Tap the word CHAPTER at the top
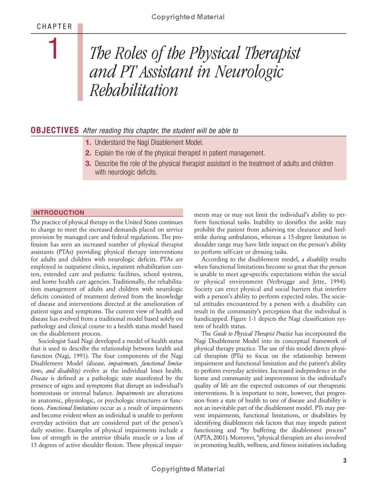click(x=54, y=26)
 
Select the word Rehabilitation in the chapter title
click(x=133, y=89)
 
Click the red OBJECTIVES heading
click(x=54, y=130)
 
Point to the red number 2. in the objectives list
click(x=88, y=153)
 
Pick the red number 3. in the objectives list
click(x=88, y=164)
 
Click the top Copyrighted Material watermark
click(x=188, y=17)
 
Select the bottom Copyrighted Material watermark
click(x=188, y=469)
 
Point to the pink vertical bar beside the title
click(x=80, y=61)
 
